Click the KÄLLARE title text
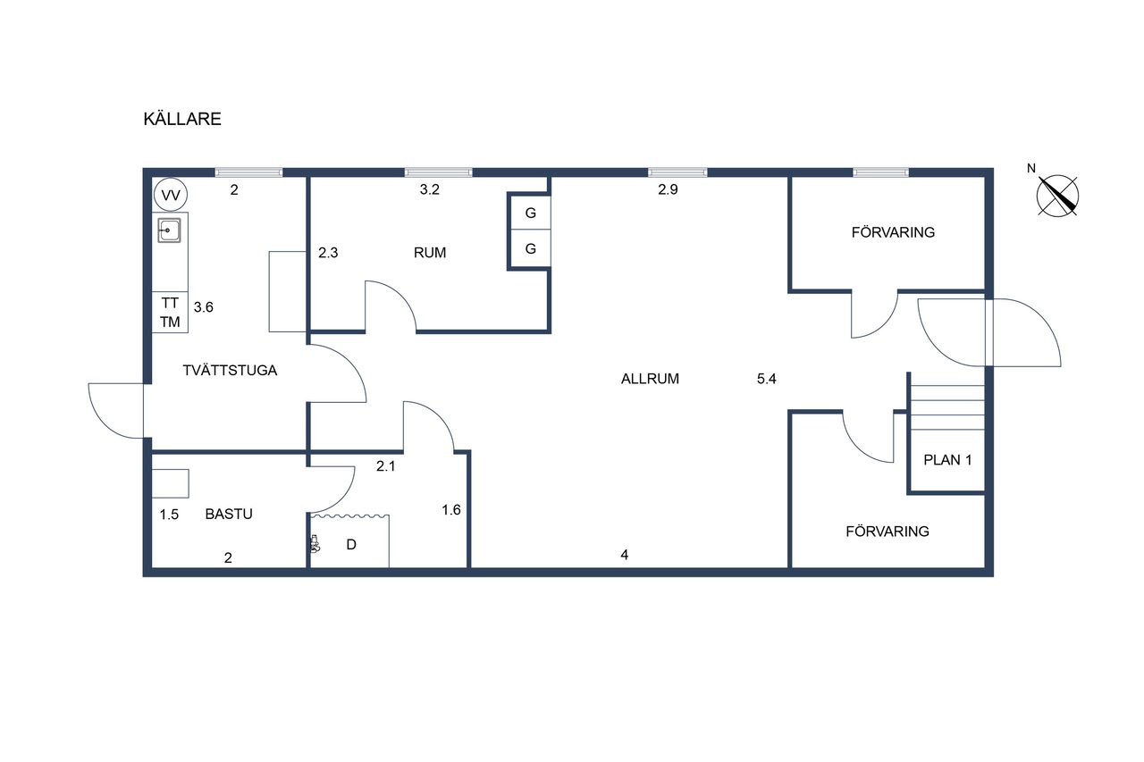click(182, 119)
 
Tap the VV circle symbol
click(170, 195)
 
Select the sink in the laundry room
click(169, 230)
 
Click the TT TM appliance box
click(170, 313)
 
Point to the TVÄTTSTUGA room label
click(230, 370)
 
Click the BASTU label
click(229, 514)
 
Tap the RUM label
click(430, 253)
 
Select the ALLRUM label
click(650, 379)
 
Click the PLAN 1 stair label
click(947, 460)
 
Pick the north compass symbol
click(1057, 196)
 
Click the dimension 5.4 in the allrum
click(767, 379)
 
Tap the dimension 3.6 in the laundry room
click(203, 307)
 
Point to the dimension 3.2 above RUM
click(430, 189)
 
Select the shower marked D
click(350, 541)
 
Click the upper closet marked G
click(531, 213)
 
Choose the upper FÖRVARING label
click(893, 232)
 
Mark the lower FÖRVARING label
click(887, 532)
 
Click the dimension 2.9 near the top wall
click(668, 189)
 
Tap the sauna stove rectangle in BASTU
click(171, 483)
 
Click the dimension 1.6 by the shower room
click(451, 509)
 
